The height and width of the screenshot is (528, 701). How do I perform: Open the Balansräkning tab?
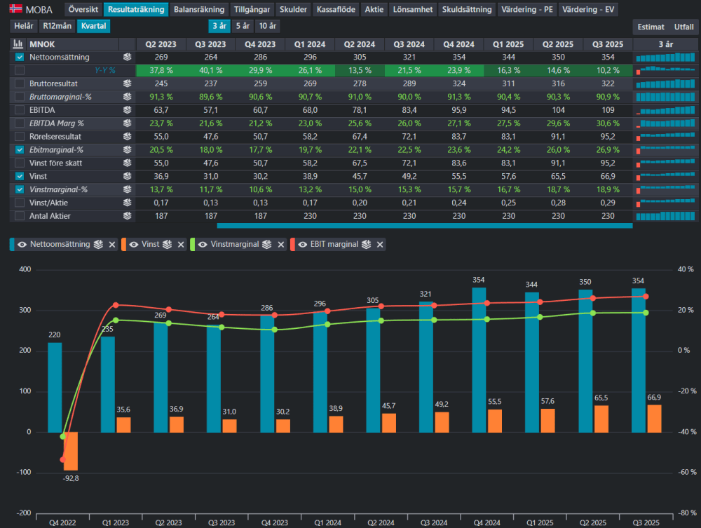199,9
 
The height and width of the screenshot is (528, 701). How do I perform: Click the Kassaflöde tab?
336,9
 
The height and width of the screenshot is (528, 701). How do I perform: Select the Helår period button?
24,26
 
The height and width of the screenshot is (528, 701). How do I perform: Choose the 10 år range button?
267,26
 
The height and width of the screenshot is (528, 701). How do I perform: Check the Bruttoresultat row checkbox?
20,83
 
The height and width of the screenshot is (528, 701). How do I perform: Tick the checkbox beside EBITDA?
20,110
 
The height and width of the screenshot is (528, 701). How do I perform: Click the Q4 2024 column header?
458,44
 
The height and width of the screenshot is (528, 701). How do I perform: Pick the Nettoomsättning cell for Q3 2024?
409,57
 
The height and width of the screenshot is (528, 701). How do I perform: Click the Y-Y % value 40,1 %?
210,70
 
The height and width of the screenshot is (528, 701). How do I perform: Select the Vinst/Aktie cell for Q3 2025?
608,203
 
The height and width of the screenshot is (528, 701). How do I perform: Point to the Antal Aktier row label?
50,216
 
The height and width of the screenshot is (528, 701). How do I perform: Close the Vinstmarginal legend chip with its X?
281,245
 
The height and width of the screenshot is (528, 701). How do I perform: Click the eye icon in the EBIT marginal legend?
303,245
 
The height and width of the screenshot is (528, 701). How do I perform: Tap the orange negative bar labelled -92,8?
71,451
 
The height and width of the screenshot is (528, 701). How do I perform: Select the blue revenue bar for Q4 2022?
55,387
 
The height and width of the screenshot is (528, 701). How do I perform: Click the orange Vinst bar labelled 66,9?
654,419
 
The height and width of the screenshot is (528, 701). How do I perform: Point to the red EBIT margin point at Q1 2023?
116,305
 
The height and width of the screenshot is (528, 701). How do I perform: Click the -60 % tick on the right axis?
686,472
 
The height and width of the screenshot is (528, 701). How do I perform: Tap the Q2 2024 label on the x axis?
381,522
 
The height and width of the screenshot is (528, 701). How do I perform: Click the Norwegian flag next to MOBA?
16,8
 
